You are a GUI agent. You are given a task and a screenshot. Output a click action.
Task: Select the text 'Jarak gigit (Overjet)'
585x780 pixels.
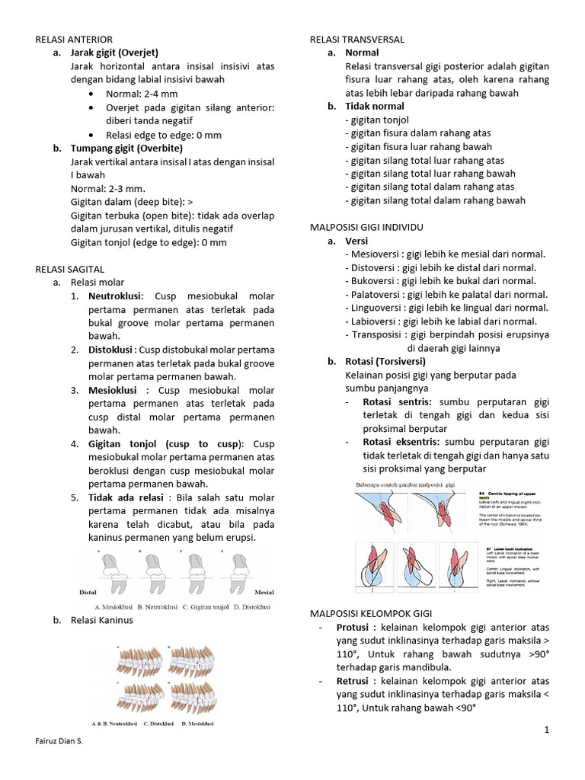click(114, 53)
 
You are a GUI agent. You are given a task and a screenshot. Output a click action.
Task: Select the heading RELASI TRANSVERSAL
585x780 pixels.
click(357, 39)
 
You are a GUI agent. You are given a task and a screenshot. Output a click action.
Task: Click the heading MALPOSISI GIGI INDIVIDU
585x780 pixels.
click(366, 228)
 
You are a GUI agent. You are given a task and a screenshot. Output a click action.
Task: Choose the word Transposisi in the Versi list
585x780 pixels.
click(376, 334)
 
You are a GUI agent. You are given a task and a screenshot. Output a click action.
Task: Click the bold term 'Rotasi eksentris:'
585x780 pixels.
click(402, 442)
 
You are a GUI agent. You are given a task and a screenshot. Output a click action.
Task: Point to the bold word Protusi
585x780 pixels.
click(353, 627)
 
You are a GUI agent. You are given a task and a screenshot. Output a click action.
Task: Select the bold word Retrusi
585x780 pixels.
click(353, 680)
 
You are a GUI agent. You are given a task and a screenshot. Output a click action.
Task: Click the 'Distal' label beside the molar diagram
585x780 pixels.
click(88, 590)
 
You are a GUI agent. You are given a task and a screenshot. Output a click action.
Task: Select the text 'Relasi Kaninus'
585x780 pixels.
click(101, 620)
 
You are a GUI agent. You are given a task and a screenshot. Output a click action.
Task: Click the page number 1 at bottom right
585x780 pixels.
click(546, 730)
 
